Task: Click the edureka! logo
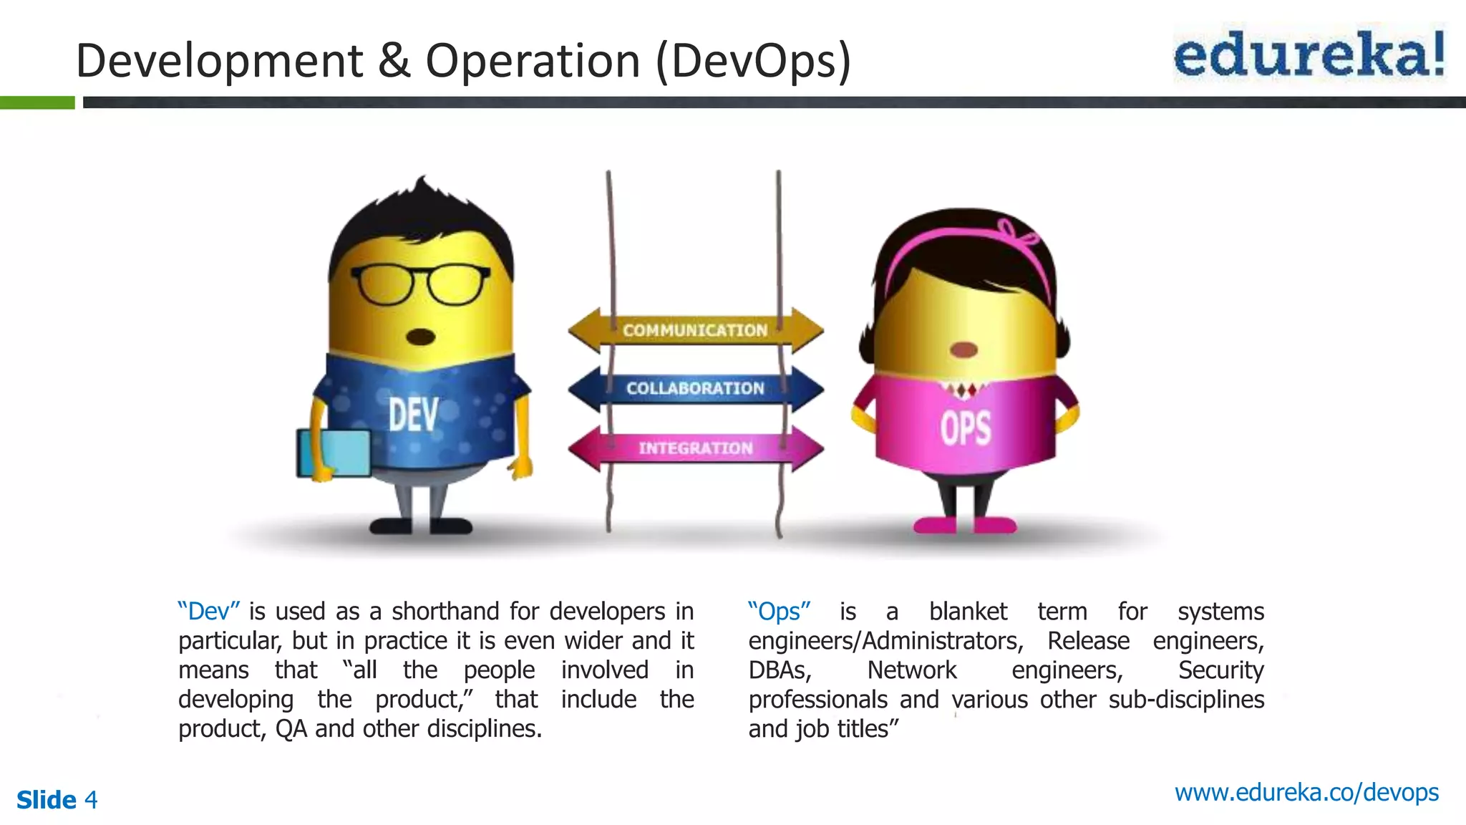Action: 1309,54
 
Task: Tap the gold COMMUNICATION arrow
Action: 695,330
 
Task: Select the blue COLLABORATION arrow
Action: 695,388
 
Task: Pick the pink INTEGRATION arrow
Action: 695,448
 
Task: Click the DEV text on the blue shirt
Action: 413,415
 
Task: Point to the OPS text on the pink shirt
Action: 965,429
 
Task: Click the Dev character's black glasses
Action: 421,284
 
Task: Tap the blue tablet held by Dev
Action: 334,453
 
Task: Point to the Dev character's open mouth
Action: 421,337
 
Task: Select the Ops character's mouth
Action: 963,350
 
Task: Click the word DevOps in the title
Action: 753,60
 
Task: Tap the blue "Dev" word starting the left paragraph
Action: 209,612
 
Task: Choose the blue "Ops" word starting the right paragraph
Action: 779,612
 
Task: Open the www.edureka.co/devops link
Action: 1306,793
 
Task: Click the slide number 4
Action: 91,799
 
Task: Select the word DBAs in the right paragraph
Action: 780,670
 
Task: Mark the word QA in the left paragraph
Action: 291,729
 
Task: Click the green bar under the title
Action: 37,102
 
